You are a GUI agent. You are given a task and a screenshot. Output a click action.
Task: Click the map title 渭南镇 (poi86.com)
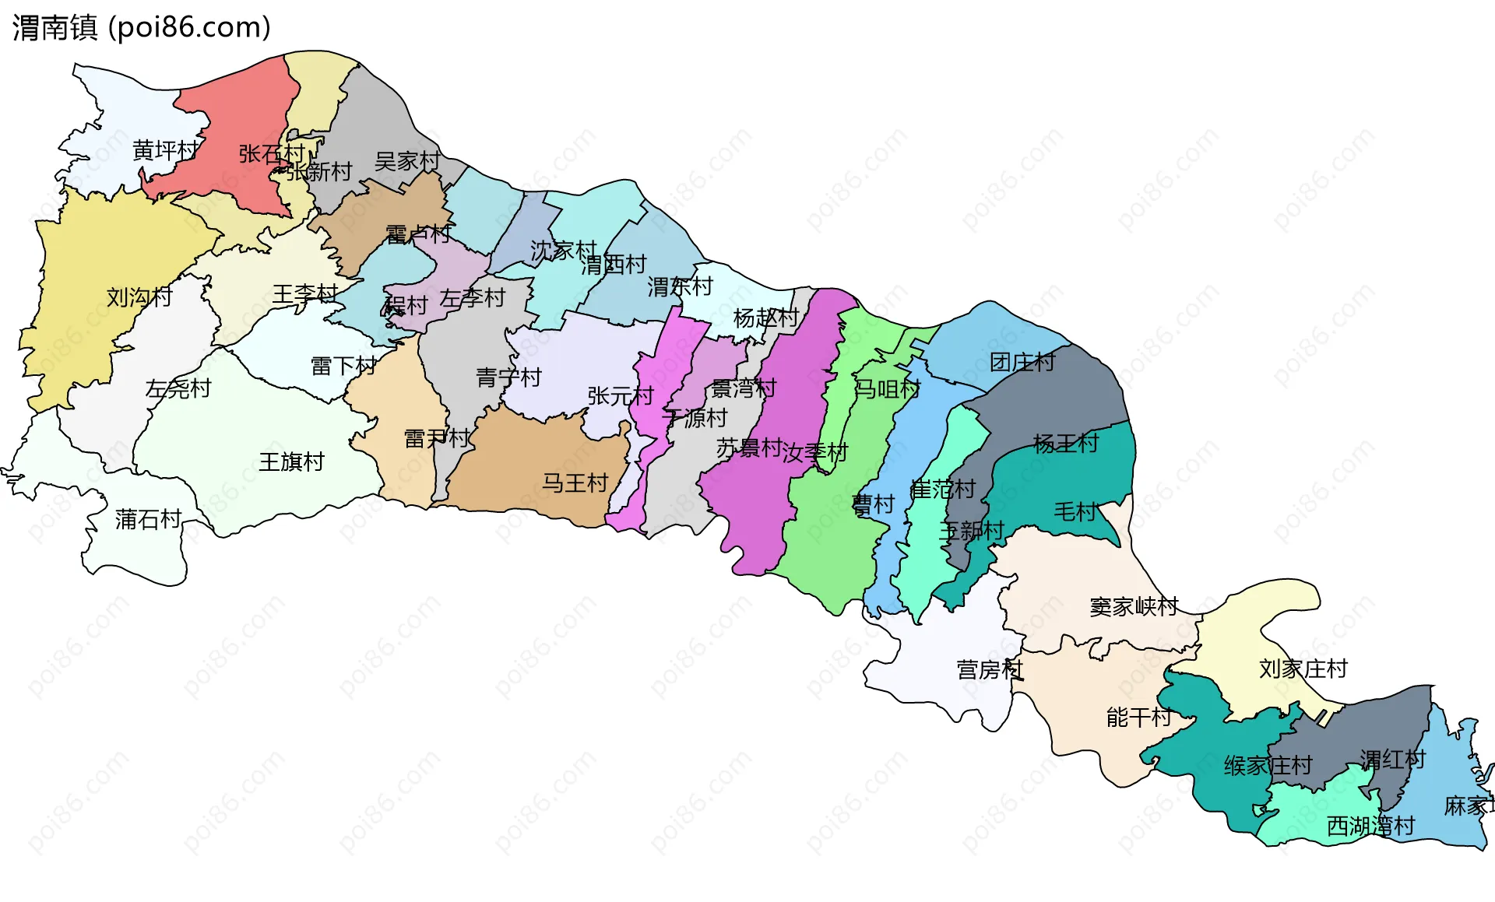coord(141,27)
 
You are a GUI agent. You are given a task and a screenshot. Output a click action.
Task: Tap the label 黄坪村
coord(165,150)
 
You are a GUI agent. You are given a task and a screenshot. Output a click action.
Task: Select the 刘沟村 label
coord(139,297)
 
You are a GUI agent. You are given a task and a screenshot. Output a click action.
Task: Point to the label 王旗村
coord(291,462)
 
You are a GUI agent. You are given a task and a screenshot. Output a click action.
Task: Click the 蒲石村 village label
coord(148,519)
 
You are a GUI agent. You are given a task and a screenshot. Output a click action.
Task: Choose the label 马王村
coord(575,483)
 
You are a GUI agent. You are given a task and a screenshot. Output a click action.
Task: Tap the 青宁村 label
coord(508,377)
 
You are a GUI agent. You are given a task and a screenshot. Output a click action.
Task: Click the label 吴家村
coord(407,161)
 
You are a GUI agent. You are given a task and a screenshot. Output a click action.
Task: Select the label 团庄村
coord(1022,361)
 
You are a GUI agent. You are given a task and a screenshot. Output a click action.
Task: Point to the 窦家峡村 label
coord(1134,606)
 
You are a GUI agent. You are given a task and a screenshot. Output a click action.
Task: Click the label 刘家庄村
coord(1303,669)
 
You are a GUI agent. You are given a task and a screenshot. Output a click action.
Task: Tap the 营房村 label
coord(989,669)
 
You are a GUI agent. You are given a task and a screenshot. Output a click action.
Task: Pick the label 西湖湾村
coord(1370,826)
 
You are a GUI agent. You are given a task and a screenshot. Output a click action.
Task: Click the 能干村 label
coord(1138,717)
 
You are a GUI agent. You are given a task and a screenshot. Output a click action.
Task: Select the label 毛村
coord(1075,511)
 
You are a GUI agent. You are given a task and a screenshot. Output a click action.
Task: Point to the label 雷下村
coord(343,365)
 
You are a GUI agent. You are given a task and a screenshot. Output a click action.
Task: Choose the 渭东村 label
coord(680,286)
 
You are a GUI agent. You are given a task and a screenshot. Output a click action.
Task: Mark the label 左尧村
coord(178,388)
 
